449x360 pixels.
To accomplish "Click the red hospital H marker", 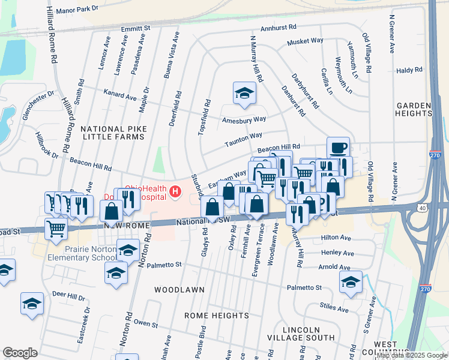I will (175, 192).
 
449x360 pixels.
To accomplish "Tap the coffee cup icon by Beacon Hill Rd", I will (338, 147).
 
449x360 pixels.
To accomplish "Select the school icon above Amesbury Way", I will (244, 93).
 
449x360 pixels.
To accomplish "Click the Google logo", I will (20, 353).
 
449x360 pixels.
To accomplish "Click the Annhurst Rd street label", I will (279, 28).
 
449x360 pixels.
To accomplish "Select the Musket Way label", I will (305, 41).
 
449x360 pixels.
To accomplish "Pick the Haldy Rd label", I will (409, 70).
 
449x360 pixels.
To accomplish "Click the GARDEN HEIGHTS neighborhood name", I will (414, 109).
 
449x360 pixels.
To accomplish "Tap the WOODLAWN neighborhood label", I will (174, 289).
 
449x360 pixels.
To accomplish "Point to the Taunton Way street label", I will (244, 140).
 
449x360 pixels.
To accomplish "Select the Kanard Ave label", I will (120, 96).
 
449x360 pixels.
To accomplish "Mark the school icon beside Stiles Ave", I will (351, 281).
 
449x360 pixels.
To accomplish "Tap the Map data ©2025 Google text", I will (412, 355).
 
